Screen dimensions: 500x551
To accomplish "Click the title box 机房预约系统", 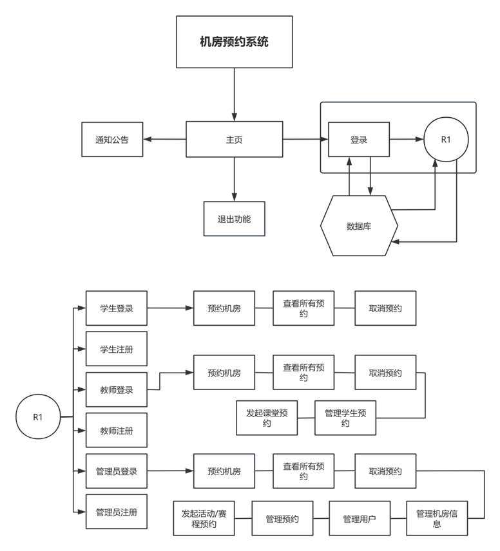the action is tap(234, 42).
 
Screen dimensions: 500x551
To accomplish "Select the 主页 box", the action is tap(234, 139).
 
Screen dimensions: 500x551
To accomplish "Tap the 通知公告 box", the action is tap(112, 139).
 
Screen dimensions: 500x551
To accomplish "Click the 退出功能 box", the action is tap(234, 219).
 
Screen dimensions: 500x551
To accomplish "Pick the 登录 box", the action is tap(359, 139).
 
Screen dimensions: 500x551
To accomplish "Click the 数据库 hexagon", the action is tap(359, 226).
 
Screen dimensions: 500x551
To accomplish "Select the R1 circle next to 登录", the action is tap(446, 139).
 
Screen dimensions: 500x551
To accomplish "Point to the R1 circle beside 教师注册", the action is tap(38, 416).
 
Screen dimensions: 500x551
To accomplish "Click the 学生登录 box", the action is tap(117, 308).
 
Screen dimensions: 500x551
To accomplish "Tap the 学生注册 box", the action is tap(117, 349).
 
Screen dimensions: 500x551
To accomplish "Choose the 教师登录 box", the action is tap(117, 390).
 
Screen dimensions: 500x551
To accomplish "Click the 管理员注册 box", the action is tap(117, 512).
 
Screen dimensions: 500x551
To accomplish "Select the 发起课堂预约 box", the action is tap(267, 418).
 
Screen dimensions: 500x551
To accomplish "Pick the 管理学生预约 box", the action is tap(345, 418).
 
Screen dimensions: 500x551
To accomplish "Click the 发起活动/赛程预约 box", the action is tap(204, 518).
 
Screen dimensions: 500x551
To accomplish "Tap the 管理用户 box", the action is tap(359, 519).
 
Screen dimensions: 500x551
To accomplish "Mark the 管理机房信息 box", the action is tap(437, 518).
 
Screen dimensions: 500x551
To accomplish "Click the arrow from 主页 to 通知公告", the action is tap(164, 139).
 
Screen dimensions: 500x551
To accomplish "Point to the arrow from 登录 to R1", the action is tap(406, 139).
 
